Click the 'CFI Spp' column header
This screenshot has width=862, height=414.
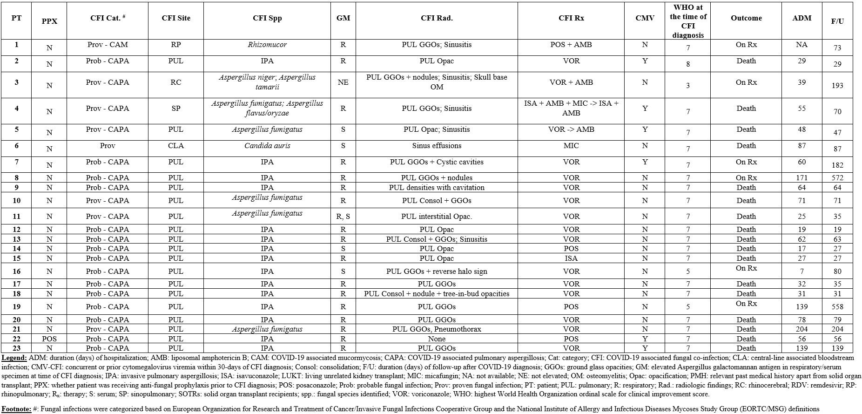click(x=267, y=18)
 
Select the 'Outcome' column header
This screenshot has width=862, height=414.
click(x=746, y=18)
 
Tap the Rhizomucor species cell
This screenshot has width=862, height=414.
click(x=267, y=45)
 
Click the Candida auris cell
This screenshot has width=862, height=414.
click(x=267, y=146)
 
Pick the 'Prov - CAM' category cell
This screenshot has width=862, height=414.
click(x=108, y=45)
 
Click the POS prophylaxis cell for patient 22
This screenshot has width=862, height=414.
click(x=49, y=339)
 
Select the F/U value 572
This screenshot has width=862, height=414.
click(x=837, y=178)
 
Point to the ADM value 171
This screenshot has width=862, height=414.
click(x=801, y=178)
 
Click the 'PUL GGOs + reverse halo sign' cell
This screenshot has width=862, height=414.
click(x=437, y=271)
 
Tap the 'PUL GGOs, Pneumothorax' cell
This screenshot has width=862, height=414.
click(x=437, y=329)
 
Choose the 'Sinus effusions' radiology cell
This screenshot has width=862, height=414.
click(x=437, y=146)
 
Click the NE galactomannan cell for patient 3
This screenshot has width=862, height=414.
click(x=343, y=82)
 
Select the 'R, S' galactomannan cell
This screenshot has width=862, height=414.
click(x=343, y=217)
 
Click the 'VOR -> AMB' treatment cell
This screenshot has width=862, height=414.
click(x=571, y=129)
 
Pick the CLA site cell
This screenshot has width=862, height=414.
click(x=176, y=146)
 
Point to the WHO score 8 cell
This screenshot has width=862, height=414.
click(x=688, y=64)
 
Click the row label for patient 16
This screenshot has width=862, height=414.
click(x=17, y=271)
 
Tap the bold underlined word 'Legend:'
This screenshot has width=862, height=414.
click(x=14, y=358)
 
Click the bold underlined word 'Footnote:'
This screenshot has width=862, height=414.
click(x=16, y=409)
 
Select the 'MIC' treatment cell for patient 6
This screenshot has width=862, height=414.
click(x=571, y=146)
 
